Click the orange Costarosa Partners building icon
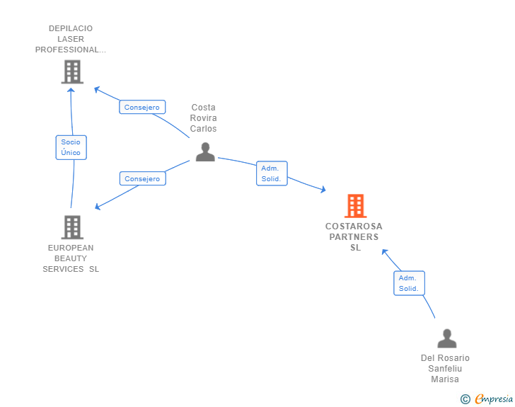[x=355, y=206]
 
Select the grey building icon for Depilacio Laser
[x=72, y=71]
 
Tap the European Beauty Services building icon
[x=72, y=227]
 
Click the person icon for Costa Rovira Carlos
[x=205, y=152]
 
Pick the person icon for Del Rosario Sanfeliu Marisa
[x=447, y=338]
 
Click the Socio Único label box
[x=71, y=147]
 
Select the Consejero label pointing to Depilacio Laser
[x=142, y=107]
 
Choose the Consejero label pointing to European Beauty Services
[x=143, y=178]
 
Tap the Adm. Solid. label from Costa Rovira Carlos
[x=272, y=173]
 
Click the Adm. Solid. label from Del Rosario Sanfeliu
[x=409, y=283]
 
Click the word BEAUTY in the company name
[x=71, y=258]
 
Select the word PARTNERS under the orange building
[x=354, y=236]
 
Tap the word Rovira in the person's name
[x=203, y=117]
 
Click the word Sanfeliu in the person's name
[x=445, y=369]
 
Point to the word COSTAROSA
[x=354, y=227]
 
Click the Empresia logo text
[x=494, y=399]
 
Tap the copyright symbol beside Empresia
[x=465, y=399]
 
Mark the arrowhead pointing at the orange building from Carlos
[x=323, y=190]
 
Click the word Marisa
[x=445, y=379]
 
